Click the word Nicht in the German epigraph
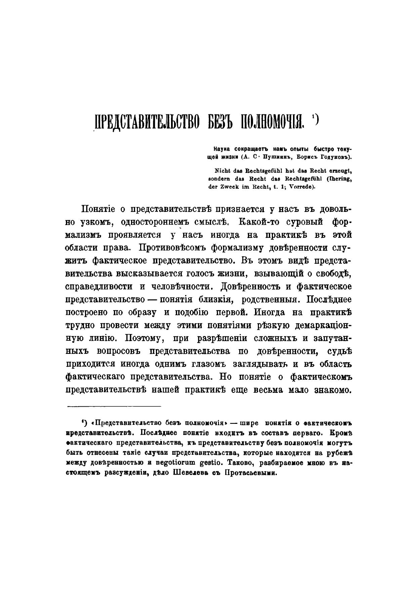click(x=217, y=171)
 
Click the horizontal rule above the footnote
click(x=114, y=406)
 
